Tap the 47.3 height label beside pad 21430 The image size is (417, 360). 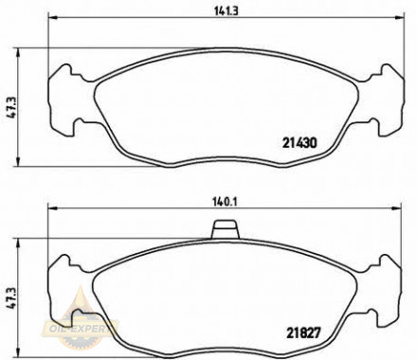[9, 103]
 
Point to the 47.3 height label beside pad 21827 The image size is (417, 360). [9, 296]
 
